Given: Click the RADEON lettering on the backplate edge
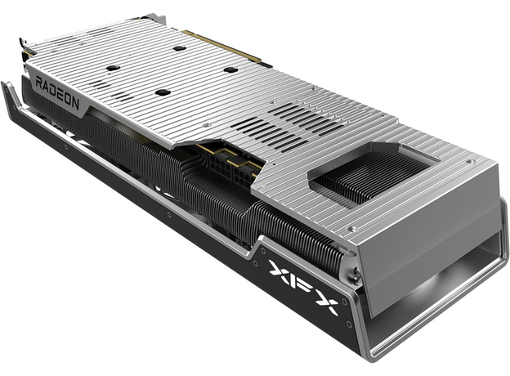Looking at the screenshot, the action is coord(57,92).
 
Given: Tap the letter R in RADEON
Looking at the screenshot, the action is coord(38,83).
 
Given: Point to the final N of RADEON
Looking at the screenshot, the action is coord(75,103).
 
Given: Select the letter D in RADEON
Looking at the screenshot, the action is coord(52,90).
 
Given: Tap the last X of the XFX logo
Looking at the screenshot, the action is coord(326,303).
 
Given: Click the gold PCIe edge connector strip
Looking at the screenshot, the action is coord(226,46).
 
